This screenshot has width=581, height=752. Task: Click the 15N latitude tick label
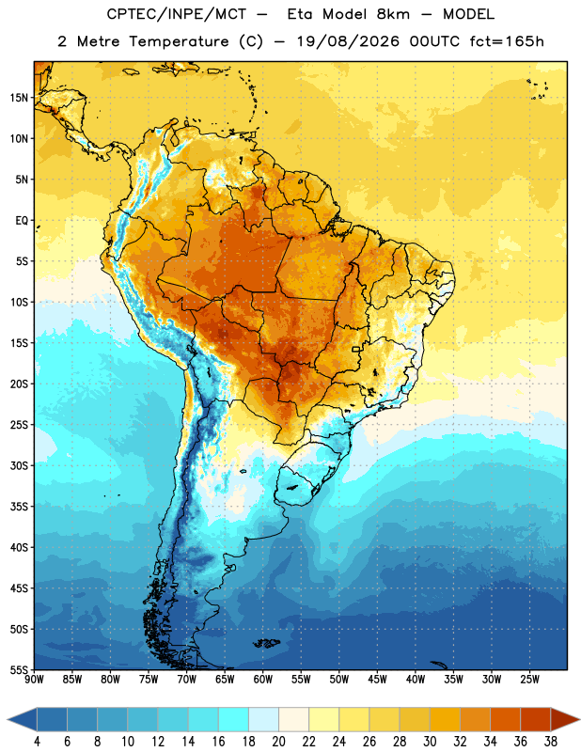coord(19,98)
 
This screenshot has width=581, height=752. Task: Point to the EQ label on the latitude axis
coord(22,221)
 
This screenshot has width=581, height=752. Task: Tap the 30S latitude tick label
coord(19,465)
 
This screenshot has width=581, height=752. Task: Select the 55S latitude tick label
coord(19,670)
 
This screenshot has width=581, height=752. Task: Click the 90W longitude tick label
coord(34,680)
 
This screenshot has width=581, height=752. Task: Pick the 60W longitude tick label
coord(263,680)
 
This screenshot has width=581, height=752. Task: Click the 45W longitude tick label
coord(377,680)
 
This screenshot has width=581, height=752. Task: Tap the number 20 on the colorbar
coord(278,742)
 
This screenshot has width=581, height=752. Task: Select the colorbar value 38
coord(551,742)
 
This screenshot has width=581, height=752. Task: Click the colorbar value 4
coord(37,742)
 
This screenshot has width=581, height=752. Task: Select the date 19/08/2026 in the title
coord(348,41)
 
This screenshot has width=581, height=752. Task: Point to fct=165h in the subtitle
coord(507,41)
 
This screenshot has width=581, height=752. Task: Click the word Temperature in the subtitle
coord(179,41)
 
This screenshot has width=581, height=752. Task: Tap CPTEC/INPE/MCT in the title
coord(176,14)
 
